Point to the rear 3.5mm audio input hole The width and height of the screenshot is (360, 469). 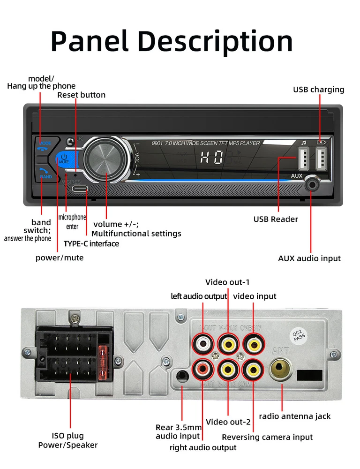tap(182, 376)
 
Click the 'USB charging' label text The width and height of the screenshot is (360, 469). tap(319, 90)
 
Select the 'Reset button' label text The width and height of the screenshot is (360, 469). tap(82, 95)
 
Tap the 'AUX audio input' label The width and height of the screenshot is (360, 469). tap(309, 258)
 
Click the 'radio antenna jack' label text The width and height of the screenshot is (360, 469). tap(294, 416)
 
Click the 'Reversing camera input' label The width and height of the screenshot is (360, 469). tap(267, 437)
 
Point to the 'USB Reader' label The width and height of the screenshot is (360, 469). tap(276, 219)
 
